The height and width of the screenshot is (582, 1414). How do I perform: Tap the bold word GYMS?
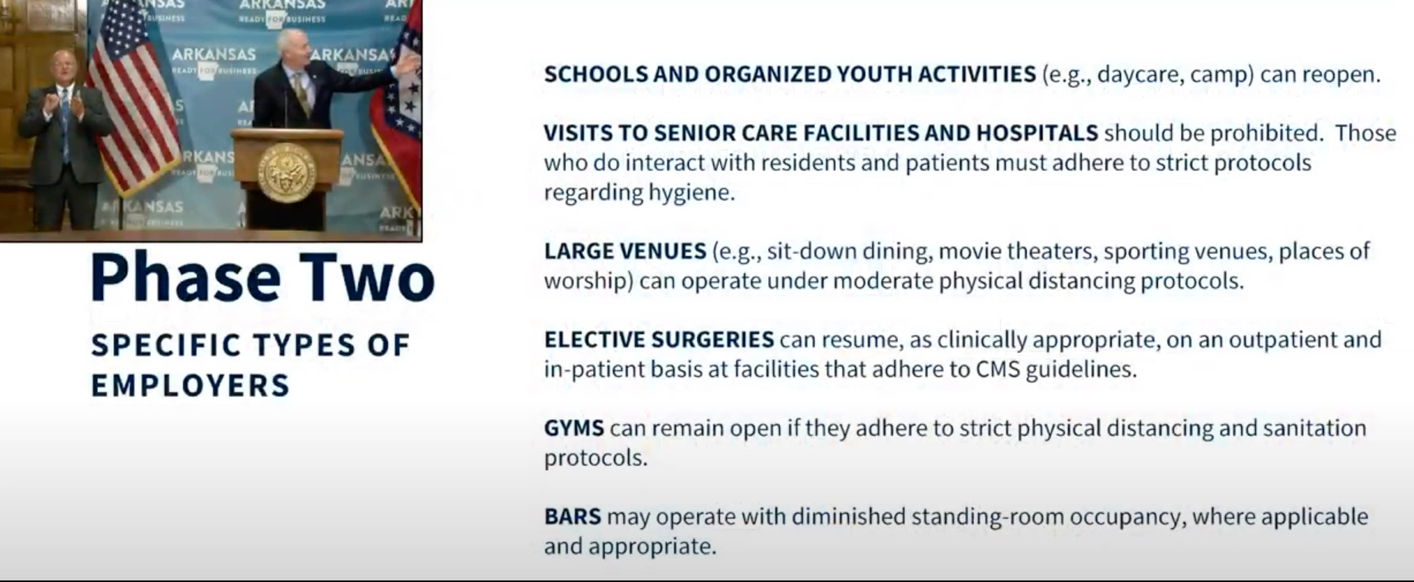(574, 428)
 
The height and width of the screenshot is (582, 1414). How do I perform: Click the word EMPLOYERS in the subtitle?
(190, 385)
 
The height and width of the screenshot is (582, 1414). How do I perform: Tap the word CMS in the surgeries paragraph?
(997, 369)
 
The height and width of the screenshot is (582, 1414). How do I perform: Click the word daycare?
(1140, 74)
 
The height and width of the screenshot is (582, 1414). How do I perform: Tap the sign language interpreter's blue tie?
(66, 126)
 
